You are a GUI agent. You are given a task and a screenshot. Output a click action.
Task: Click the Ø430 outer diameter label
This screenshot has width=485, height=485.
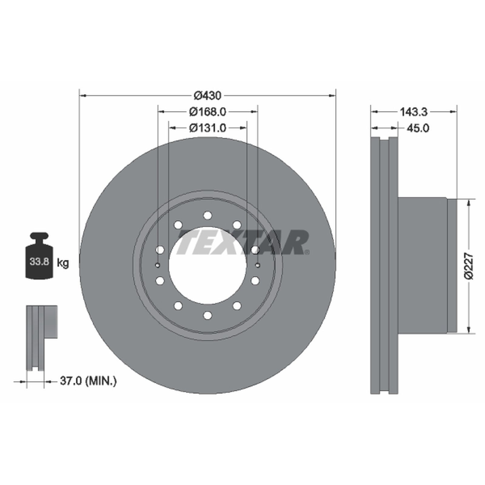tap(208, 96)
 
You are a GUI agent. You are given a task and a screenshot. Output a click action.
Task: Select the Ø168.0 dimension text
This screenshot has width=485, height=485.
tap(208, 112)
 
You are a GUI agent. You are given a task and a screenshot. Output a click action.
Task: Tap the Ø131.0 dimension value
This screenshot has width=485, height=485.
tap(208, 128)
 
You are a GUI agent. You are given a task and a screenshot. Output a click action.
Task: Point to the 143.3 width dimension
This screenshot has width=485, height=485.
tap(413, 112)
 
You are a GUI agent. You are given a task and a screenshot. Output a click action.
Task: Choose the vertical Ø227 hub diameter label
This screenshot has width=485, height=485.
tap(469, 266)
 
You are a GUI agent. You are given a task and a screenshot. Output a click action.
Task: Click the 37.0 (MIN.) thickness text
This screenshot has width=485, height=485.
tap(88, 381)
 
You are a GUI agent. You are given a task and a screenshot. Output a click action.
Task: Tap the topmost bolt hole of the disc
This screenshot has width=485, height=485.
tap(207, 216)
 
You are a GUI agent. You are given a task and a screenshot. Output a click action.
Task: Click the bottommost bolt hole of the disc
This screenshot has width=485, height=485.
tap(207, 315)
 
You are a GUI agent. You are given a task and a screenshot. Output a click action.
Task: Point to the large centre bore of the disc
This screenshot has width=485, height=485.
tap(207, 266)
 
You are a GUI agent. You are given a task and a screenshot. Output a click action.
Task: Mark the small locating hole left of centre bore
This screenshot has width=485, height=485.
tap(157, 266)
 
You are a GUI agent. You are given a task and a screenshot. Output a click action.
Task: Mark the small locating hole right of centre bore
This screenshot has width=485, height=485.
tap(258, 266)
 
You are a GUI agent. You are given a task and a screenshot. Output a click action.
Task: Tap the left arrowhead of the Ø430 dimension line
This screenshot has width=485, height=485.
tap(83, 96)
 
